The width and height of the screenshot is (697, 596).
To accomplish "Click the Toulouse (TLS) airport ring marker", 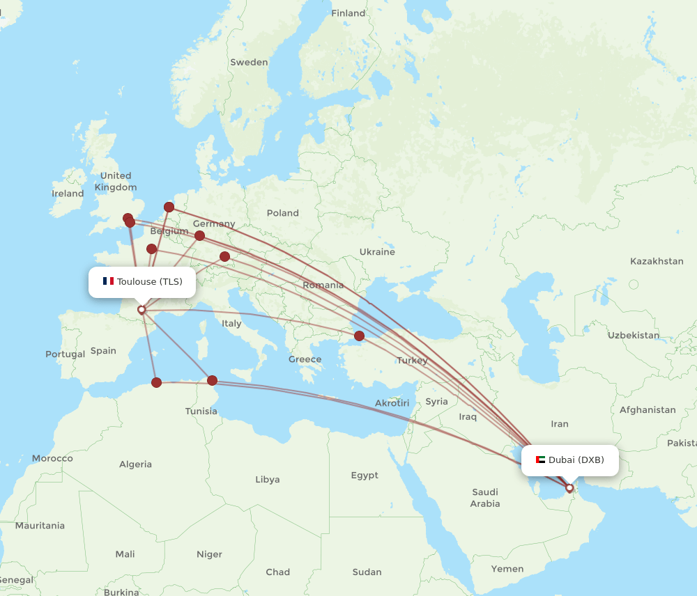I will tap(141, 310).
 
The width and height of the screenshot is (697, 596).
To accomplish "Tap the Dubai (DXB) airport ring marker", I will tap(569, 488).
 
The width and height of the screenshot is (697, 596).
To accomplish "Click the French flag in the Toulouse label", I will tap(108, 281).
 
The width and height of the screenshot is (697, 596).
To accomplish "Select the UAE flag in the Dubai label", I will tap(540, 460).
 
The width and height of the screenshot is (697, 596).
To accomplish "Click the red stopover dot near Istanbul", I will tap(359, 336).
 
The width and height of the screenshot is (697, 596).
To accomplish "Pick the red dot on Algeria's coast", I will tap(157, 382).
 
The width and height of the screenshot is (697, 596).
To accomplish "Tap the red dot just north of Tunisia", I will tap(213, 380).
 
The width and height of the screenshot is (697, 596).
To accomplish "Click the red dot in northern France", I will tap(151, 249).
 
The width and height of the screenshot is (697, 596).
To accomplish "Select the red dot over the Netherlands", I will tap(169, 207).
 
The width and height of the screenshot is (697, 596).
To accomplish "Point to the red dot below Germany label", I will tap(200, 235).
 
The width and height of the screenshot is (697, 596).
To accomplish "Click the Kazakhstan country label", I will tap(657, 261).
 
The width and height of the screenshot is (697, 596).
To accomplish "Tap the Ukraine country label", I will tap(377, 251).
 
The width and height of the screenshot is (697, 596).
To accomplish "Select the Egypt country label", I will tap(365, 475).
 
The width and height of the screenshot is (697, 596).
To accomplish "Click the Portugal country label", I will tap(66, 354).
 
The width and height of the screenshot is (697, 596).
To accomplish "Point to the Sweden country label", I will tap(249, 62).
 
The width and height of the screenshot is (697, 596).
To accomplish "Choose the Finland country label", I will tap(348, 13).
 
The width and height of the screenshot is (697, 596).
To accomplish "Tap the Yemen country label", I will tap(507, 569).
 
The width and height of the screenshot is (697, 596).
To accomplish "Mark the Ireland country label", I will tap(68, 194).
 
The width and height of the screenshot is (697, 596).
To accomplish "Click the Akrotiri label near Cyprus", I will tap(392, 402).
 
